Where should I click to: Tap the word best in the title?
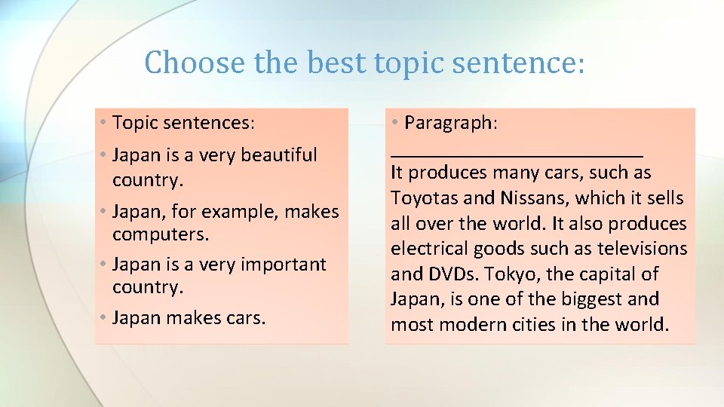[339, 63]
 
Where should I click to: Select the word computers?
[160, 234]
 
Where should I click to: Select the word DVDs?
[452, 274]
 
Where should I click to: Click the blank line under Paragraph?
[517, 153]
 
